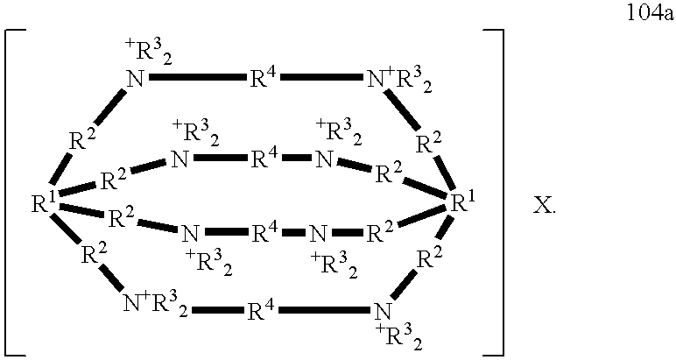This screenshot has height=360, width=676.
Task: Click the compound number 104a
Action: coord(649,14)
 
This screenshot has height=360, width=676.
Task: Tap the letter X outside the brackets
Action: coord(545,207)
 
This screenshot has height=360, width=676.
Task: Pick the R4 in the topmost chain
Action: coord(264,78)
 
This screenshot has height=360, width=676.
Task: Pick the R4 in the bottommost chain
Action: coord(264,310)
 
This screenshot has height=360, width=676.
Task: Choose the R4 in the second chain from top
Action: coord(265,159)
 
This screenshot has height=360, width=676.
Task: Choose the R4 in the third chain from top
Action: coord(265,233)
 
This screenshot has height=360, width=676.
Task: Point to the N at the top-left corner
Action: coord(136,80)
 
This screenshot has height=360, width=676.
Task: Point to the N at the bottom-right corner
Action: coord(382,311)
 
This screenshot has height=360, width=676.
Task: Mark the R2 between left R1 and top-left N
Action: coord(83,140)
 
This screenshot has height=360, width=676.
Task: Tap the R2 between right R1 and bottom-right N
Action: coord(429,259)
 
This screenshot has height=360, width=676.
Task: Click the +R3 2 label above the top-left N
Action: coord(147,54)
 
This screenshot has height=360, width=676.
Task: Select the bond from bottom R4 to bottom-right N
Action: coord(326,310)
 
